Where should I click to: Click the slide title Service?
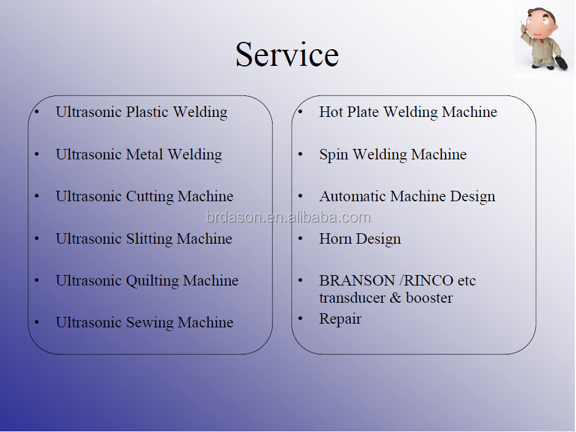tap(287, 54)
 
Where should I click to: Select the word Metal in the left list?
tap(145, 154)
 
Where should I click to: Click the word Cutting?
tap(150, 196)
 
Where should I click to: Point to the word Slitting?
tap(149, 239)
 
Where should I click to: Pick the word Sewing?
tap(150, 323)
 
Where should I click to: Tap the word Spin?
tap(334, 154)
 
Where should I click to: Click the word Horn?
tap(335, 239)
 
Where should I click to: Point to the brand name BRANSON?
tap(357, 281)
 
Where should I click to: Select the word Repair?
tap(340, 319)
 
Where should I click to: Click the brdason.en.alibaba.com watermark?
tap(288, 217)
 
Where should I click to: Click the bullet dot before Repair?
tap(300, 318)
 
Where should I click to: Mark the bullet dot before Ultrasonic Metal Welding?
tap(36, 154)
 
